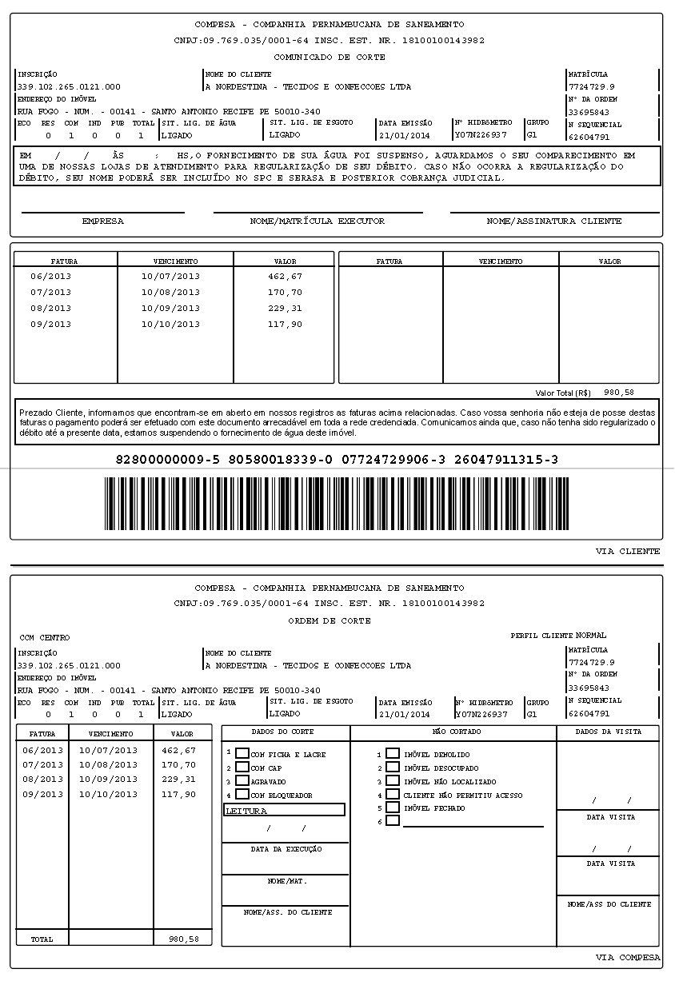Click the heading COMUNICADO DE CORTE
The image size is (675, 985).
coord(330,58)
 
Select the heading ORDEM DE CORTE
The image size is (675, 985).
coord(330,620)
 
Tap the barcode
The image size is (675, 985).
coord(336,504)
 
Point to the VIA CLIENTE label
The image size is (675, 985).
coord(628,552)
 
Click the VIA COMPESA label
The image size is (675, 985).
coord(628,957)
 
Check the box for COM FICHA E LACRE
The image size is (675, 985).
coord(242,753)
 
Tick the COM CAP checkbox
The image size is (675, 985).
coord(242,767)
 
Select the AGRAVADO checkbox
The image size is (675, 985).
coord(242,780)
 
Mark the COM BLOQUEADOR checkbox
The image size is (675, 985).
coord(242,795)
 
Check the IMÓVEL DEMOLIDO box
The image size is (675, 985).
coord(393,753)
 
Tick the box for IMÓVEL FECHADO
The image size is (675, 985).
coord(393,808)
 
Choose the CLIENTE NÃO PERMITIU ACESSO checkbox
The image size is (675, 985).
coord(393,794)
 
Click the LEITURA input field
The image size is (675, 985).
coord(284,810)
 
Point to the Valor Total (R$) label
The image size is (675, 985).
coord(563,393)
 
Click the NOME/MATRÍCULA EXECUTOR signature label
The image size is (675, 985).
coord(318,221)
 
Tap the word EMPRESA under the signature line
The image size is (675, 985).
coord(102,221)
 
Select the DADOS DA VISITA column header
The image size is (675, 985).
coord(608,732)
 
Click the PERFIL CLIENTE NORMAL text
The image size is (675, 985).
coord(558,636)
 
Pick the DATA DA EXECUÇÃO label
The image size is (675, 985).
coord(286,849)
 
